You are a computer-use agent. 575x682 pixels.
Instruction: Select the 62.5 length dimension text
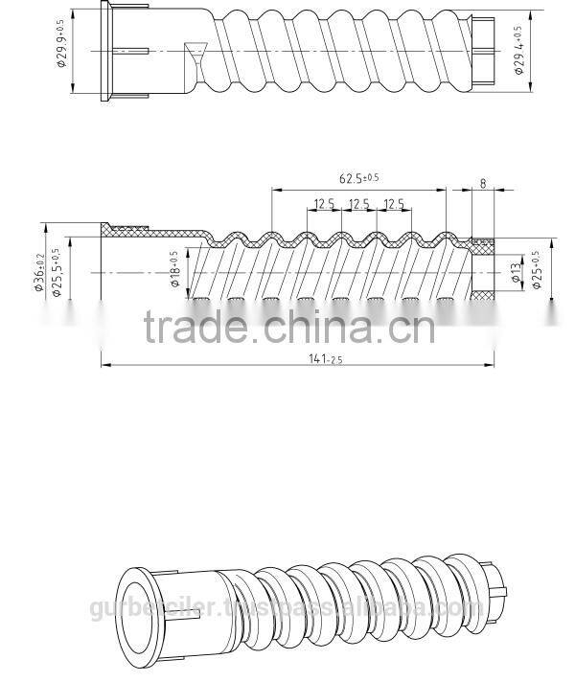(x=358, y=177)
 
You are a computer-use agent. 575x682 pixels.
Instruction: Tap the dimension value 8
(x=483, y=183)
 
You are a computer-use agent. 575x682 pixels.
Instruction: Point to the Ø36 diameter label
(x=40, y=273)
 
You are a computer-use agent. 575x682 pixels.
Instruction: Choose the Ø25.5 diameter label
(x=57, y=273)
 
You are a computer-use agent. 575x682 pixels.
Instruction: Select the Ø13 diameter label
(x=515, y=271)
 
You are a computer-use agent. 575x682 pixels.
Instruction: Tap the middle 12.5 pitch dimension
(x=359, y=204)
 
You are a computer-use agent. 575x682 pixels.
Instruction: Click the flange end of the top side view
(x=104, y=50)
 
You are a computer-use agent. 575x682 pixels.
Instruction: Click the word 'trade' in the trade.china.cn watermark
(x=195, y=328)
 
